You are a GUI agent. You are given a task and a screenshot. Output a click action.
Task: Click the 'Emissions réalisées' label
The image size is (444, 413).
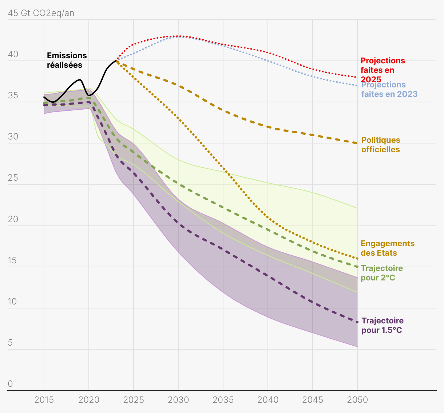[67, 60]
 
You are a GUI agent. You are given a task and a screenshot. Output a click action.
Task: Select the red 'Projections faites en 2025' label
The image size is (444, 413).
[382, 70]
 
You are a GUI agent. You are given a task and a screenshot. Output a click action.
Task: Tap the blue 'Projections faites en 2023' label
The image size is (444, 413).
[389, 90]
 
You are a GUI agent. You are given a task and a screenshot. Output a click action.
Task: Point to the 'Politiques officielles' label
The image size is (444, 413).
[381, 145]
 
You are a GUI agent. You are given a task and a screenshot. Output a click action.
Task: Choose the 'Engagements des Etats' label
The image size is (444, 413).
[387, 248]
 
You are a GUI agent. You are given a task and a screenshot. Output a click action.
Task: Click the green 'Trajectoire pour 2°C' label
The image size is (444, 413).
[382, 273]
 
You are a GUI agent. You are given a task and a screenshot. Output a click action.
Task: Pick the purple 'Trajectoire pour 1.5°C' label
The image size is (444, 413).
[382, 326]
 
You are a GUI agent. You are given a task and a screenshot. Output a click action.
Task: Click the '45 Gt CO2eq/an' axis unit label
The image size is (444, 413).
[41, 13]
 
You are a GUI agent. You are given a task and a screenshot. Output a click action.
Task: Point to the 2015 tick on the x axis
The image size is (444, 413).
[44, 400]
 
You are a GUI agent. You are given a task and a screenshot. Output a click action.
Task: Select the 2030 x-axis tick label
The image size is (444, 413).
[178, 400]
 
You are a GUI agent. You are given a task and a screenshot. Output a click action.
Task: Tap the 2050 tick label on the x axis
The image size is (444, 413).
[357, 400]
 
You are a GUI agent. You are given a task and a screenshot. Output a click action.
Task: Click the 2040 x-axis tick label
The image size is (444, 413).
[268, 400]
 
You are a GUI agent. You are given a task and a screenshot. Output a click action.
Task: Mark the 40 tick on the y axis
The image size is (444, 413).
[13, 55]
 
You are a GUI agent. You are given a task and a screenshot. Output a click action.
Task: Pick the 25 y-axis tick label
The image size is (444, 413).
[13, 178]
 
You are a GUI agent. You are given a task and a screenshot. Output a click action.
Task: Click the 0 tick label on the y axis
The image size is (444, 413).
[10, 384]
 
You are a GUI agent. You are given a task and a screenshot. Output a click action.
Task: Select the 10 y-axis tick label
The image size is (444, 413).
[13, 302]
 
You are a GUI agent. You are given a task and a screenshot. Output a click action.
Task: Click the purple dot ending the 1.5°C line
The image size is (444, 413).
[357, 322]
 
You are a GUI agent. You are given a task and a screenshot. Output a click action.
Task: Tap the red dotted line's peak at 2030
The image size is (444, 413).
[178, 36]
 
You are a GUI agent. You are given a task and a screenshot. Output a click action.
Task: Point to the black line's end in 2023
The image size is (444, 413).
[116, 61]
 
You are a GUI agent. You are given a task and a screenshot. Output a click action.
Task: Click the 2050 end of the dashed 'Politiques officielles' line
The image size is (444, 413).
[357, 143]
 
